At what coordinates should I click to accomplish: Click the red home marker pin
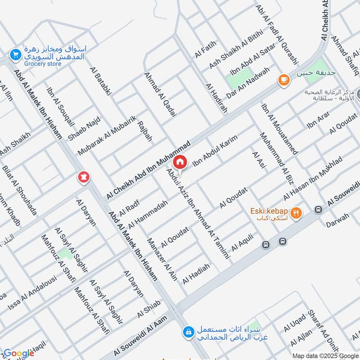point(180,162)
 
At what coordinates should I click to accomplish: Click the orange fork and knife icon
point(296,213)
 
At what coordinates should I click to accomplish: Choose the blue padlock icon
point(188,332)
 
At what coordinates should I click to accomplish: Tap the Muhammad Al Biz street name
point(273,157)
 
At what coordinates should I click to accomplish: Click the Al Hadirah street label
point(216,97)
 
